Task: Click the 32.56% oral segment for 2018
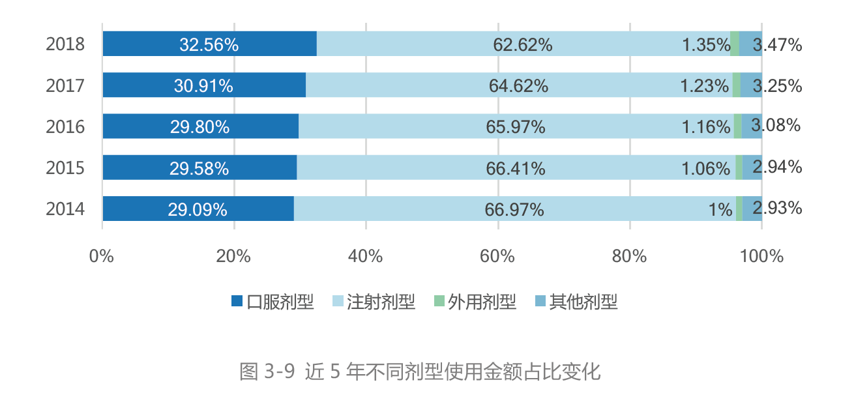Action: (209, 44)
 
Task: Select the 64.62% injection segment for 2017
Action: (519, 85)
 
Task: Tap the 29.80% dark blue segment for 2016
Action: (200, 126)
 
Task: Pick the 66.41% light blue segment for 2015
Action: (516, 168)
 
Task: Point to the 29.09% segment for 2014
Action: (198, 209)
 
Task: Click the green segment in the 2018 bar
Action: (735, 44)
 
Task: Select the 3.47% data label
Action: (777, 45)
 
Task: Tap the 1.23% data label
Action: (704, 85)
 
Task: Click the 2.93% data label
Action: (777, 209)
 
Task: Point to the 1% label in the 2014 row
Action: (721, 209)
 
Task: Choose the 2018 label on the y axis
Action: (65, 44)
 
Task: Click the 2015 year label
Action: (65, 168)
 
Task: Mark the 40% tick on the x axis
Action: (366, 256)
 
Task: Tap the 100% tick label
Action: (761, 256)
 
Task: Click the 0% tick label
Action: (102, 256)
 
